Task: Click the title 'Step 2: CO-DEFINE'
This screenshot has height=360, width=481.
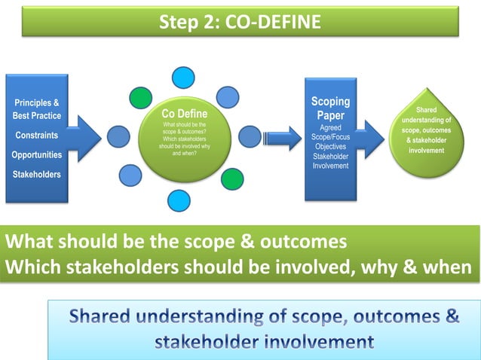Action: tap(240, 22)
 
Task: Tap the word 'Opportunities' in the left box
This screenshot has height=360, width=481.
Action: tap(37, 155)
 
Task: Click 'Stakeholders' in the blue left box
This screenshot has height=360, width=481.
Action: tap(36, 175)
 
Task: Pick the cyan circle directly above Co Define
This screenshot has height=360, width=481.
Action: tap(182, 78)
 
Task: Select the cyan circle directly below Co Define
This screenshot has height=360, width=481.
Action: tap(179, 200)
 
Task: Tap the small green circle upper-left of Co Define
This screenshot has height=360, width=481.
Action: tap(140, 98)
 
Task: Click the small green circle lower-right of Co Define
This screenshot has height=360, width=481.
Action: tap(232, 178)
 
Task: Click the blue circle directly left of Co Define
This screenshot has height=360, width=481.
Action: tap(118, 136)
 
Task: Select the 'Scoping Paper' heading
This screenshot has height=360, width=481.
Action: tap(330, 109)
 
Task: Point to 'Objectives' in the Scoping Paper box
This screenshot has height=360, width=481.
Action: tap(330, 147)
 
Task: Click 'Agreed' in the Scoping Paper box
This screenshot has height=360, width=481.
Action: tap(330, 128)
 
